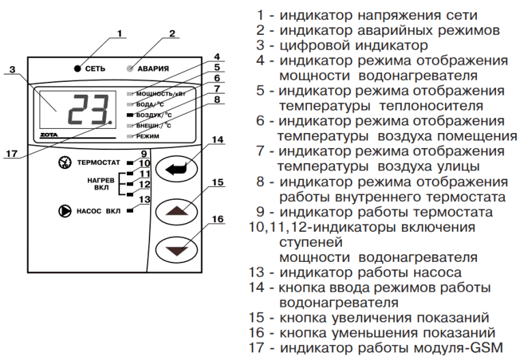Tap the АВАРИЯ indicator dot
[130, 67]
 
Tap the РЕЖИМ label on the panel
[149, 137]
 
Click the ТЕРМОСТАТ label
[98, 164]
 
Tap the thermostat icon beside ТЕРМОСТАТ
[66, 164]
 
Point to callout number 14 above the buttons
[217, 140]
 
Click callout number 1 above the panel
[119, 32]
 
